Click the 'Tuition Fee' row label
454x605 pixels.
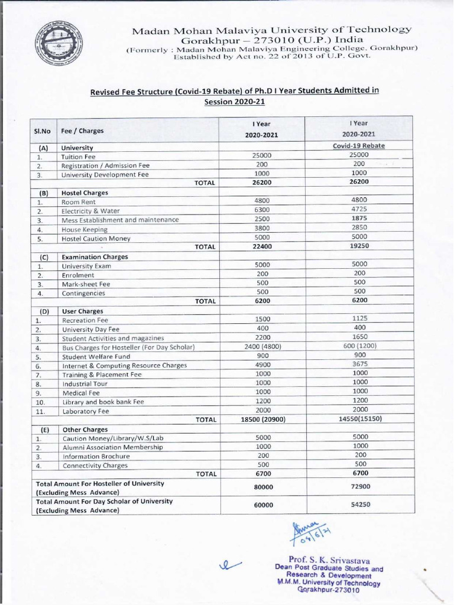pos(75,157)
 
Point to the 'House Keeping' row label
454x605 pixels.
pos(85,229)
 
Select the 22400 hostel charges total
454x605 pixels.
pos(262,247)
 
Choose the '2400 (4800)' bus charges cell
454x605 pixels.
pos(262,347)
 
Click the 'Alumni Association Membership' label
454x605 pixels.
pos(112,447)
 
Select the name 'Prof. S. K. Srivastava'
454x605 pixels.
pos(329,559)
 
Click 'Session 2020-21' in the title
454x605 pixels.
pos(235,102)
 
